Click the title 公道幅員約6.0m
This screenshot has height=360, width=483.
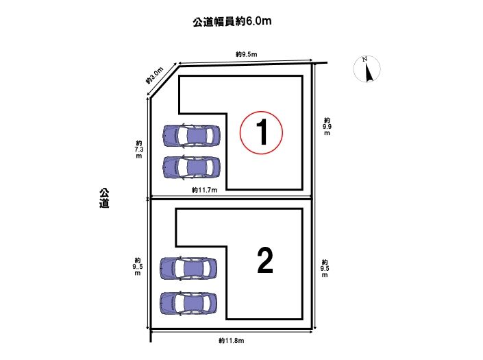[x=232, y=21]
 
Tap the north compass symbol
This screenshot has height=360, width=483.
[x=367, y=69]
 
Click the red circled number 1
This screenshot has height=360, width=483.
[x=261, y=132]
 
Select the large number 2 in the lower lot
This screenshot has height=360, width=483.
[x=265, y=261]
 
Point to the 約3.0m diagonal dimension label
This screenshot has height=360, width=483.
[x=155, y=76]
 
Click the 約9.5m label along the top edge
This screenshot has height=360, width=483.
[x=247, y=55]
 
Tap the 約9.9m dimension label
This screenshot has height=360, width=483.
[x=327, y=126]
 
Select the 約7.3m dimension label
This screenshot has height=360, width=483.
[x=139, y=149]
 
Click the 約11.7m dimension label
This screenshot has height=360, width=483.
[x=204, y=190]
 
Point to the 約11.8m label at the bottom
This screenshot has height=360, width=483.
[x=232, y=341]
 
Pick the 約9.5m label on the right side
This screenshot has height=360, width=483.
[x=325, y=268]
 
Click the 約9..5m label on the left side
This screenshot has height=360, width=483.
[x=138, y=267]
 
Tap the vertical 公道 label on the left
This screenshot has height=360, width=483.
[x=104, y=198]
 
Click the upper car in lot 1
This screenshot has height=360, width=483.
[x=191, y=135]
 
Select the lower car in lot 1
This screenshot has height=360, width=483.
[x=191, y=167]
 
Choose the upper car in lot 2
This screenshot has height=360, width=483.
[x=188, y=269]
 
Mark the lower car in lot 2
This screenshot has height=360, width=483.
[x=188, y=303]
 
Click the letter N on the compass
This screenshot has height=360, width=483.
[x=364, y=59]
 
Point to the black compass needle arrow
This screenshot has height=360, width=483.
[x=369, y=73]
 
